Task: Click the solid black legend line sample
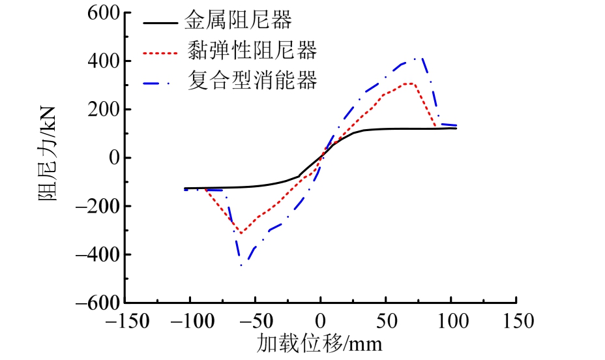click(x=160, y=22)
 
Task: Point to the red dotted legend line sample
click(x=160, y=52)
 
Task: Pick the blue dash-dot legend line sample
click(x=160, y=82)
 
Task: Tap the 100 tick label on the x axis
click(x=451, y=322)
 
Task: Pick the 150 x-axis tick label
click(x=516, y=322)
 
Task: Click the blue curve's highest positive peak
click(x=422, y=59)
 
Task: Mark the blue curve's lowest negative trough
click(x=241, y=265)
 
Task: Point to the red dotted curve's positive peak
click(x=411, y=83)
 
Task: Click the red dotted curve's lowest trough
click(x=241, y=233)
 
